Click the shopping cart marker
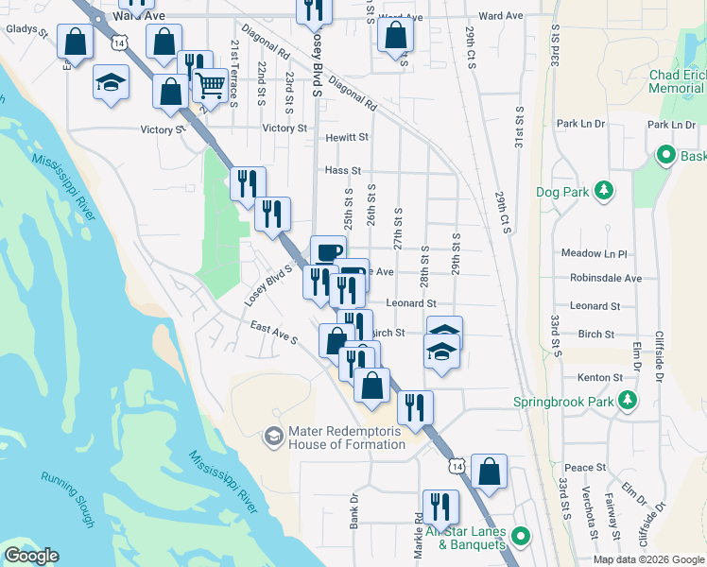click(210, 85)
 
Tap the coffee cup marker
click(328, 252)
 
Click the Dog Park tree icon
click(602, 192)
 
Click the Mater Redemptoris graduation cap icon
click(273, 436)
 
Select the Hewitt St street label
click(347, 137)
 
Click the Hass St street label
click(343, 171)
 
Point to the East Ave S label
click(274, 332)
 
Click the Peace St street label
click(585, 468)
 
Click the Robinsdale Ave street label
click(606, 279)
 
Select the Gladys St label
click(26, 30)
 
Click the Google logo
click(31, 556)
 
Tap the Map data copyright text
click(647, 559)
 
